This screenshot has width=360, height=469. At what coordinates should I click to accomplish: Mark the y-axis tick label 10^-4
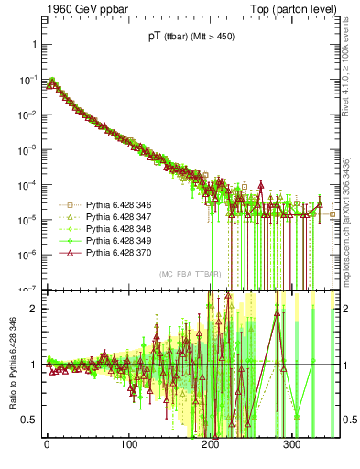click(27, 184)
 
